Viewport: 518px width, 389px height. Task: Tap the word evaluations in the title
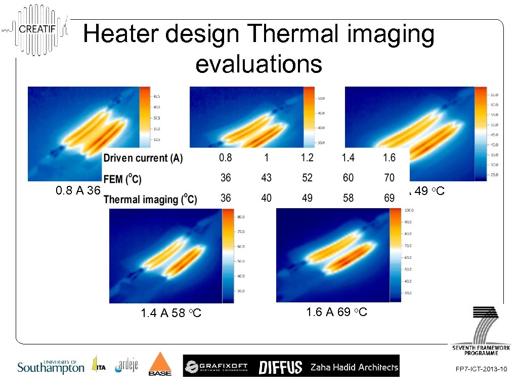(x=258, y=64)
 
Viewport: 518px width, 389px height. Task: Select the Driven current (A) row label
(x=143, y=158)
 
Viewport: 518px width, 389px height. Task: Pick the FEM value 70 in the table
(x=389, y=178)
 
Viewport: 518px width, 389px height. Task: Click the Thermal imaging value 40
(x=266, y=198)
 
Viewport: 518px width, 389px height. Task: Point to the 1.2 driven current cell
(x=307, y=158)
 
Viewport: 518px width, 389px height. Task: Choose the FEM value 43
(x=266, y=178)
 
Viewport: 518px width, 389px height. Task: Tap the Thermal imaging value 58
(x=348, y=198)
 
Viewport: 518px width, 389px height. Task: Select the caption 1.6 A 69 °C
(x=336, y=312)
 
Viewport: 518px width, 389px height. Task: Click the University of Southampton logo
(x=51, y=366)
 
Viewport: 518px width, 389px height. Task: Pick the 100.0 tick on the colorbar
(x=408, y=210)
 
